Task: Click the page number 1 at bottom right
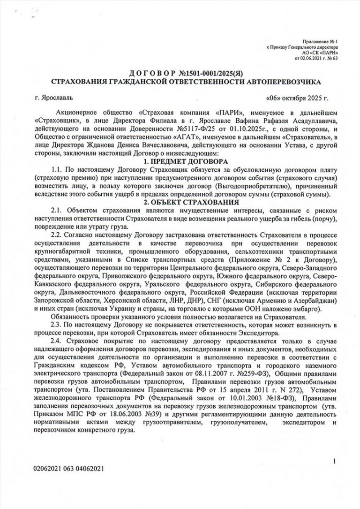[336, 461]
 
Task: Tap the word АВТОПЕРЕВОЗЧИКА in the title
[283, 82]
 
